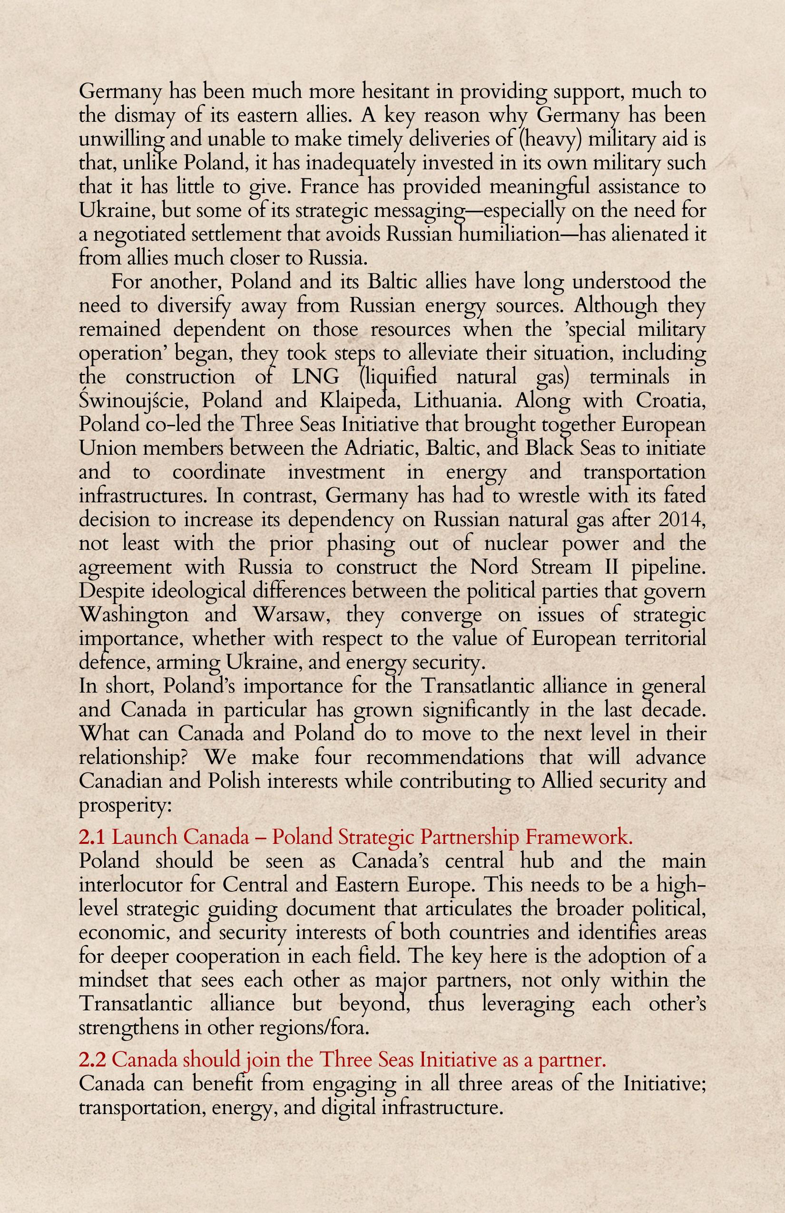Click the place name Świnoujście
pyautogui.click(x=134, y=401)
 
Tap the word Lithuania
pyautogui.click(x=457, y=401)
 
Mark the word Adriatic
pyautogui.click(x=378, y=449)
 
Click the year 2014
pyautogui.click(x=682, y=520)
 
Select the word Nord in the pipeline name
pyautogui.click(x=494, y=567)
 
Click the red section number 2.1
pyautogui.click(x=92, y=837)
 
